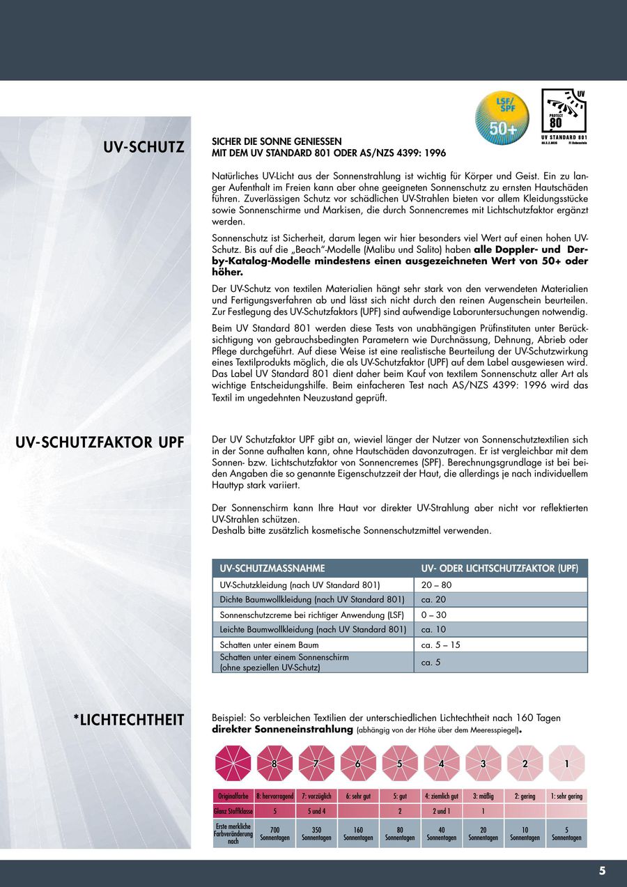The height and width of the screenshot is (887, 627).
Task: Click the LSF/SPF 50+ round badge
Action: click(x=502, y=115)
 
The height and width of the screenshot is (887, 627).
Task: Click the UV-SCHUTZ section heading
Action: click(x=144, y=147)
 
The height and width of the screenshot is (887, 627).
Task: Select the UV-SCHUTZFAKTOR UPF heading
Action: click(x=100, y=443)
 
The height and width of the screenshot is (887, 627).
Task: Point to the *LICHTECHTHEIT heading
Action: click(x=129, y=720)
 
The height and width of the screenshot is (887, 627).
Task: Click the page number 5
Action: click(x=602, y=870)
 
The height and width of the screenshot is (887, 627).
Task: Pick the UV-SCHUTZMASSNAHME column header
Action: click(x=272, y=568)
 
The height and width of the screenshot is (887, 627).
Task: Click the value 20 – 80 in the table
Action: click(x=436, y=585)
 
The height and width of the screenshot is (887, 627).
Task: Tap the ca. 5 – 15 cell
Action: click(x=440, y=645)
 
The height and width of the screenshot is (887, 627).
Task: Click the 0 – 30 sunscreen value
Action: click(x=433, y=615)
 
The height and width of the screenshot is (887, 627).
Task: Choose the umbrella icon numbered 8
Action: click(x=274, y=763)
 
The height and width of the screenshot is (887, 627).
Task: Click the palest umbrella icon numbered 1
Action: click(x=566, y=763)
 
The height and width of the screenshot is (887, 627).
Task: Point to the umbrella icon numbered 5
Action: click(x=400, y=763)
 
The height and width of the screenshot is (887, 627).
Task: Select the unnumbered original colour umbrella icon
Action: click(x=233, y=763)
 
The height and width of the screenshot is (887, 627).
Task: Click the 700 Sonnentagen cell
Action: click(x=274, y=833)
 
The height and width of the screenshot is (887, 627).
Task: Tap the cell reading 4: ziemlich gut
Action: click(x=441, y=796)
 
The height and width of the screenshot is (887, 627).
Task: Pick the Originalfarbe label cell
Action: click(x=233, y=796)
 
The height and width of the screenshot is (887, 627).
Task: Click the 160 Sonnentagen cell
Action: click(x=358, y=833)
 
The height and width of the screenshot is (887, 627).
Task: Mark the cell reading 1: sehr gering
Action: click(x=566, y=796)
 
